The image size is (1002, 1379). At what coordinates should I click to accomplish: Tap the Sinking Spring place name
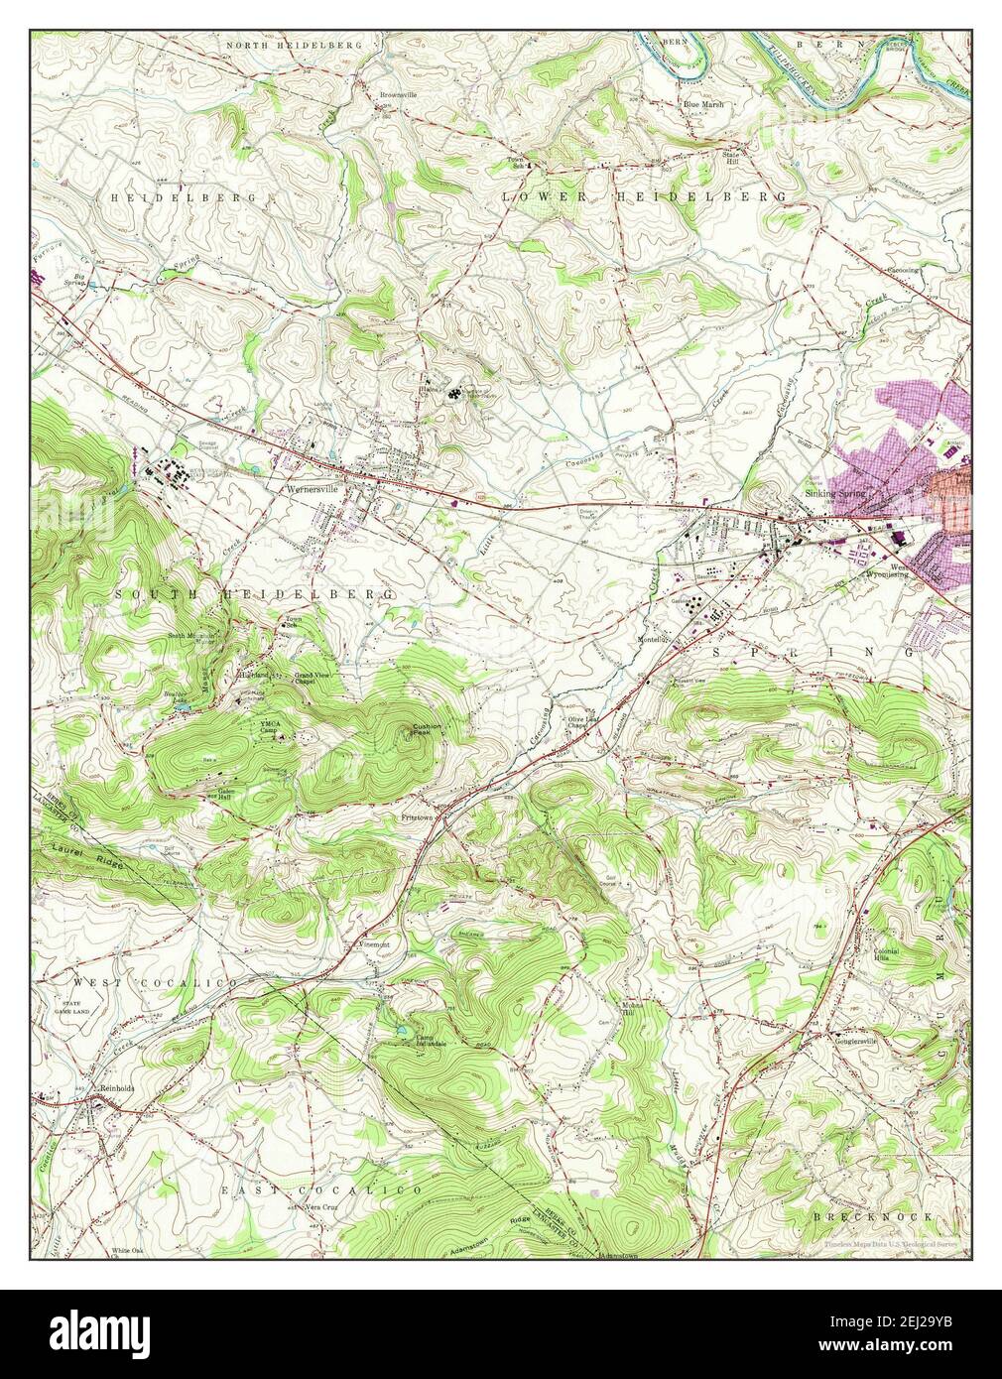[835, 494]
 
